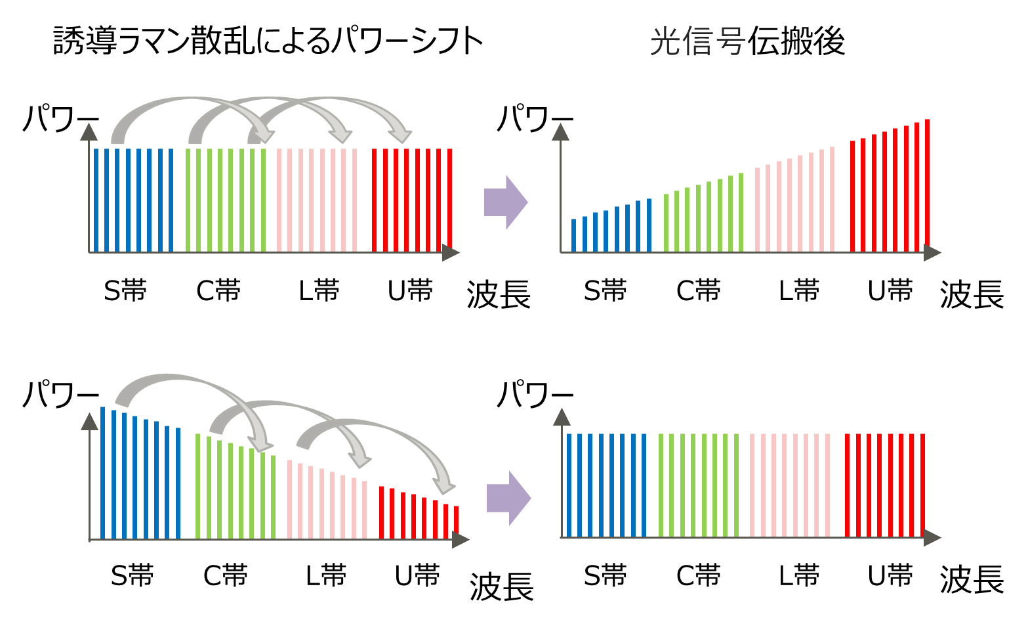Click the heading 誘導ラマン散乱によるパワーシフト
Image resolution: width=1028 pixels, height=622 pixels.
268,41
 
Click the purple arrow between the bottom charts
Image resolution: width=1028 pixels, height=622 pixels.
508,498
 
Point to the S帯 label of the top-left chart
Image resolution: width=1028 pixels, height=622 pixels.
125,290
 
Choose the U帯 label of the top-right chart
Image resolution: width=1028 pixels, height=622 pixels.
890,290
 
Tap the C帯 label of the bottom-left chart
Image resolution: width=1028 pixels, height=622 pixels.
225,575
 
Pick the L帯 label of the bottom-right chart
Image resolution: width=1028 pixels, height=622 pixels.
798,575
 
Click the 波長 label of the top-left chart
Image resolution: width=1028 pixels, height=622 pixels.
499,294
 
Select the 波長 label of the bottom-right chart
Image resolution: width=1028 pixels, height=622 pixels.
972,579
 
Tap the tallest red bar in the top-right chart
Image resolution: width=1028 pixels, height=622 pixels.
927,186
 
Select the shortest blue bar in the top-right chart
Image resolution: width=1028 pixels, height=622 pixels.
573,235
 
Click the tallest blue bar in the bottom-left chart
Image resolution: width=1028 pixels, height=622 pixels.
103,473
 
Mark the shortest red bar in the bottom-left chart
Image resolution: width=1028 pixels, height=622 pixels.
456,522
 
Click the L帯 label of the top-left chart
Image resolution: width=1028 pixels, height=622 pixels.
319,290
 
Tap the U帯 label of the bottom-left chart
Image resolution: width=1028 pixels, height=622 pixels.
417,575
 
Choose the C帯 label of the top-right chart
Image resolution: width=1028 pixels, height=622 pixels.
698,290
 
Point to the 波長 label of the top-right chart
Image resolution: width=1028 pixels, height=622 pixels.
972,294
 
